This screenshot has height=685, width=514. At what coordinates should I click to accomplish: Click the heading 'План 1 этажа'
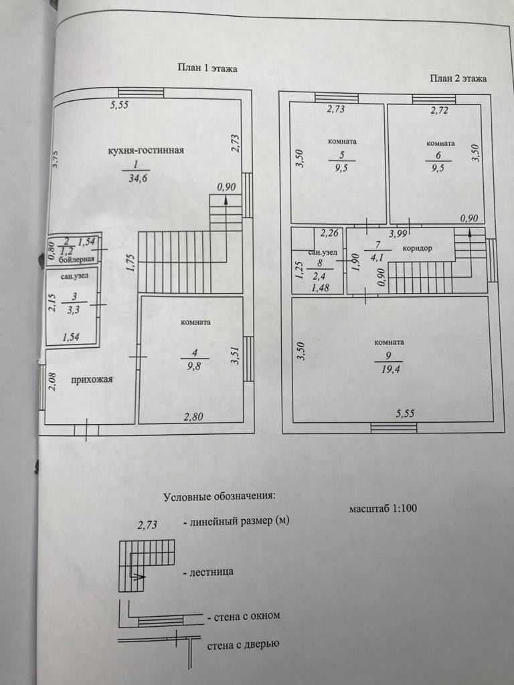pyautogui.click(x=207, y=68)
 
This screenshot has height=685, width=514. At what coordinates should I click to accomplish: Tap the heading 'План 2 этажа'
pyautogui.click(x=458, y=78)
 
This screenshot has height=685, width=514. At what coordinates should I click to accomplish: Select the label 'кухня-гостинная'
pyautogui.click(x=146, y=150)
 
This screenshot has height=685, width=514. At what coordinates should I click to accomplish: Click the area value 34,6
pyautogui.click(x=135, y=179)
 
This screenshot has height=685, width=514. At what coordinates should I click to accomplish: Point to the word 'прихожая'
pyautogui.click(x=92, y=380)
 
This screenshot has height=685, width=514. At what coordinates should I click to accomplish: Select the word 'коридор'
pyautogui.click(x=418, y=248)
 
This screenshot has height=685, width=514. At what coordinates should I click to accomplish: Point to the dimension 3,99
pyautogui.click(x=399, y=233)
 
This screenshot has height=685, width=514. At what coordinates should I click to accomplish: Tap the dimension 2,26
pyautogui.click(x=331, y=233)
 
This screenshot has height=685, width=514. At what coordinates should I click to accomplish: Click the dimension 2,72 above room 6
pyautogui.click(x=440, y=111)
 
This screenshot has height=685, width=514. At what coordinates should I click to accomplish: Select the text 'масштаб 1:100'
pyautogui.click(x=383, y=508)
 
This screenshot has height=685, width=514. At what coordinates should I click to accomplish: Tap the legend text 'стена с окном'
pyautogui.click(x=244, y=616)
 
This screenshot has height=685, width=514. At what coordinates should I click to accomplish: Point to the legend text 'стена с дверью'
pyautogui.click(x=242, y=645)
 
